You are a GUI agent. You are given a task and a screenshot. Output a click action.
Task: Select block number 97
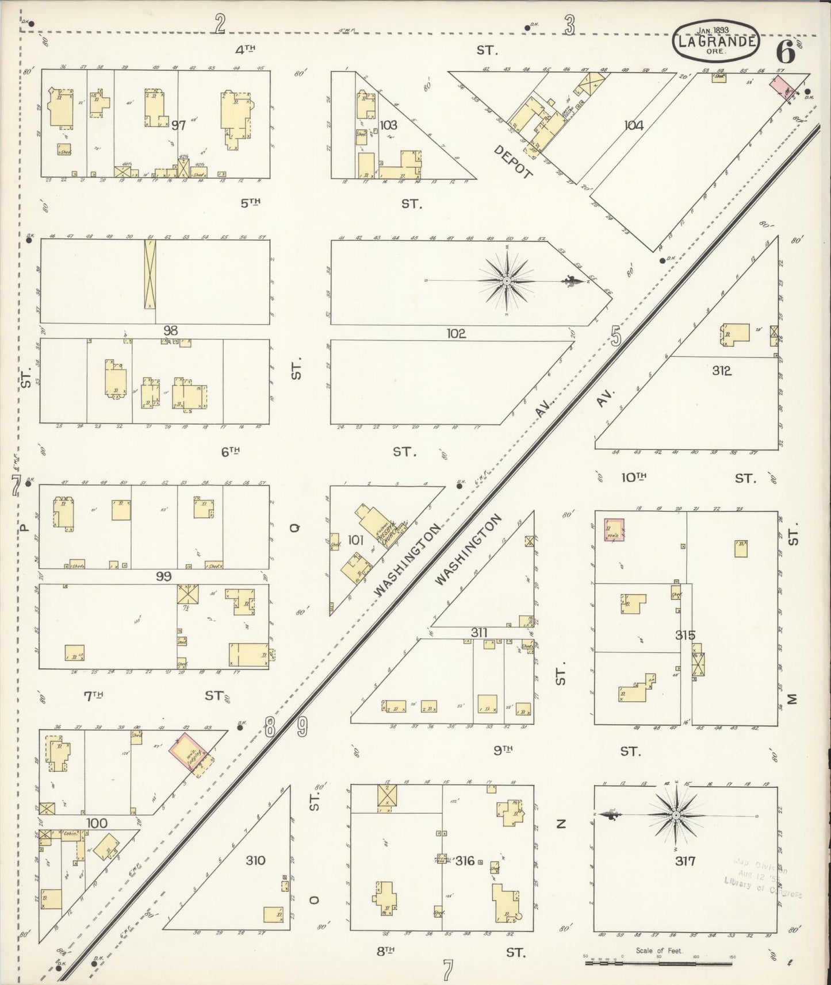coord(178,125)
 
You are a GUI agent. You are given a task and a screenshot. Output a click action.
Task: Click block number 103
coord(389,125)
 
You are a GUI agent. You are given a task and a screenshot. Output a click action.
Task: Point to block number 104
coord(633,125)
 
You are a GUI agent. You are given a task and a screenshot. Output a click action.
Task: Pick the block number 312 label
coord(721,371)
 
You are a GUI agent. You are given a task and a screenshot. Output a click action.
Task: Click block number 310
coord(255,860)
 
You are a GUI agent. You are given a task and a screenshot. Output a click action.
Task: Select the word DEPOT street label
coord(514,163)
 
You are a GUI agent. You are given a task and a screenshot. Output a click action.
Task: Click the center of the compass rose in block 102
coord(507,280)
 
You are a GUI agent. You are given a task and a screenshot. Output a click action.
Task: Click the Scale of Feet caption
coord(659,951)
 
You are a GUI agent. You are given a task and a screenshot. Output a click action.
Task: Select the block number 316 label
coord(464,861)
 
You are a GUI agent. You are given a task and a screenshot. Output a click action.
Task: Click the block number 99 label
coord(163,576)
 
